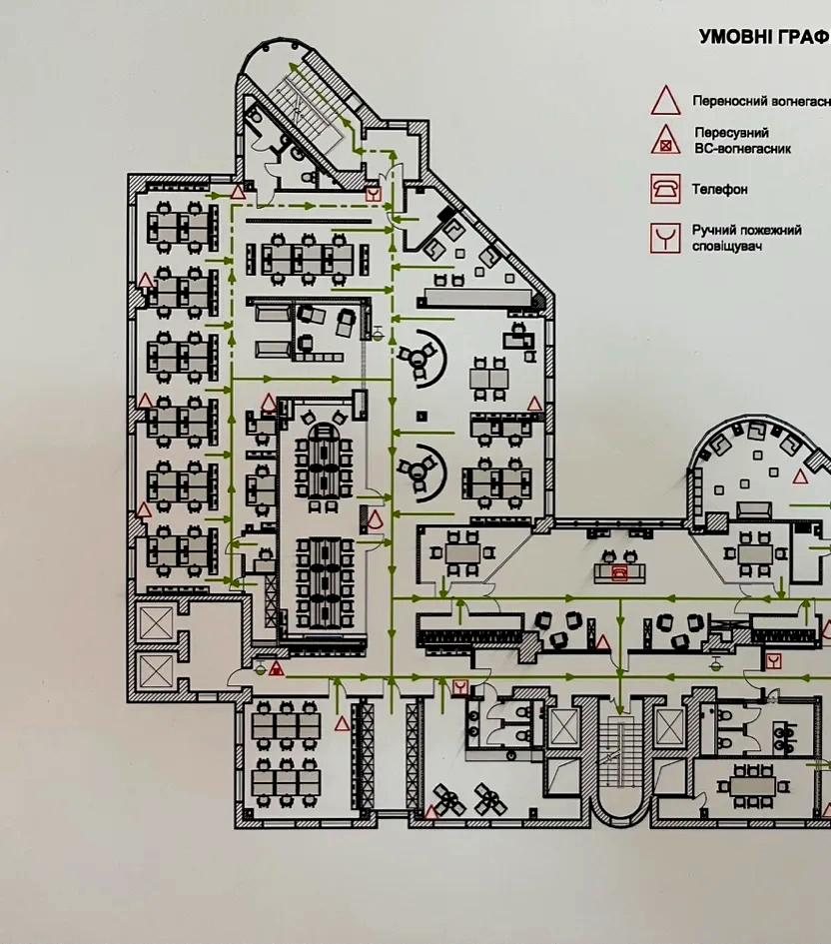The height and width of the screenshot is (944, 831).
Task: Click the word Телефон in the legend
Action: tap(719, 189)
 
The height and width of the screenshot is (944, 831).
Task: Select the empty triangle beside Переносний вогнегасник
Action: tap(665, 101)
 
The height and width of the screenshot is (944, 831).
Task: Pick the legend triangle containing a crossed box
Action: tap(665, 142)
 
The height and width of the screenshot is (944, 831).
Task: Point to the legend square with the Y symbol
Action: tap(665, 238)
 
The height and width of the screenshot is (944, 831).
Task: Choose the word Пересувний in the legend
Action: tap(732, 132)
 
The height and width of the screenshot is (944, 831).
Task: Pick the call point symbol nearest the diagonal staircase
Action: tap(373, 194)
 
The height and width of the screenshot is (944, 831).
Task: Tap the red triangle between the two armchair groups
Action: tap(602, 642)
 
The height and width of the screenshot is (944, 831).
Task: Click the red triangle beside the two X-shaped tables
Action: tap(431, 811)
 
